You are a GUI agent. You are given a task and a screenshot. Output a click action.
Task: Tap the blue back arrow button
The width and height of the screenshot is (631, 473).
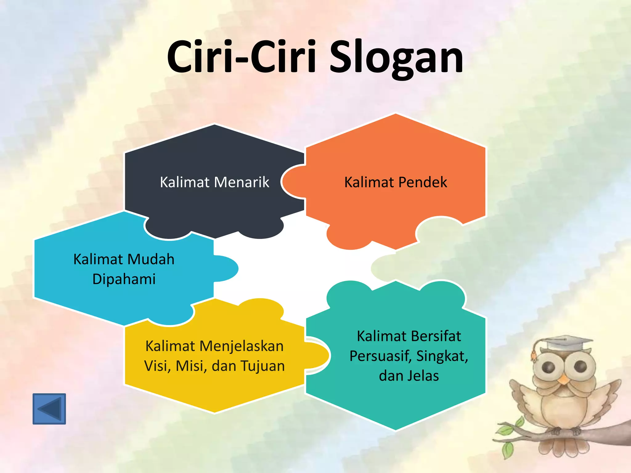click(x=49, y=409)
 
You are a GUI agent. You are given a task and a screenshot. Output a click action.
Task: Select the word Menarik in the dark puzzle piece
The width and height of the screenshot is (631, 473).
click(x=242, y=182)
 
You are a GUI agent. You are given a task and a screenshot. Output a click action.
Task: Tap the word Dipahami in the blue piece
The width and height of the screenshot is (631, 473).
click(x=124, y=279)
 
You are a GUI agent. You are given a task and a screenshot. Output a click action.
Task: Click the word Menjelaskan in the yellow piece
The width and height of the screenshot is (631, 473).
click(x=241, y=346)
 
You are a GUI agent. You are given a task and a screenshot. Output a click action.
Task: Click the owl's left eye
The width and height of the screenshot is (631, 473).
click(x=549, y=366)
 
